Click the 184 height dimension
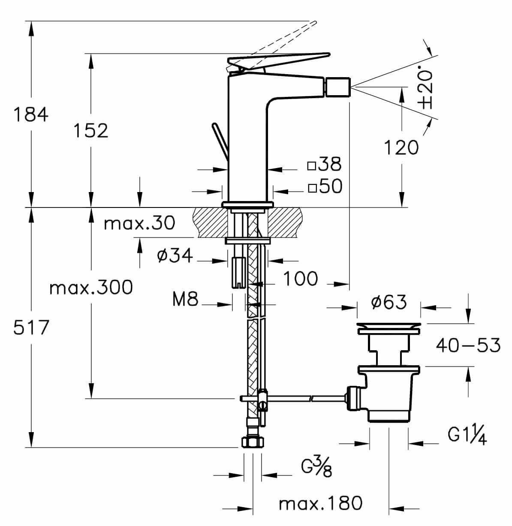31,115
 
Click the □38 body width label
325,164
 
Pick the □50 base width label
325,186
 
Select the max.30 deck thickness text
140,223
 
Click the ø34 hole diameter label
175,256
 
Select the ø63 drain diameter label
389,303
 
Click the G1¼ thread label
467,436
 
